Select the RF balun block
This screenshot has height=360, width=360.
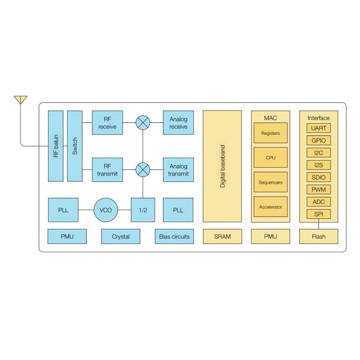(x=55, y=146)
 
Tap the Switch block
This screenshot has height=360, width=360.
(x=75, y=146)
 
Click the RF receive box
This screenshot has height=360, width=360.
(x=107, y=123)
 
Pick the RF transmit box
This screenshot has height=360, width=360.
(x=107, y=170)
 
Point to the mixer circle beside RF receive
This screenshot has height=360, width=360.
(x=143, y=123)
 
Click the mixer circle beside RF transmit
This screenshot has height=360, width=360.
(x=143, y=170)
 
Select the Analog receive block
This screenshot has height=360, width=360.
(x=178, y=123)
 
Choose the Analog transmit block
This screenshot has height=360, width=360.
(x=178, y=170)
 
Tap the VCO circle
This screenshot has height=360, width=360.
(x=105, y=210)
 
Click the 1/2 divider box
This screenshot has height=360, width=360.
(x=143, y=210)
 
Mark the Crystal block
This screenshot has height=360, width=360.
(x=121, y=237)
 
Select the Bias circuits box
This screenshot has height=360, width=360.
(x=174, y=237)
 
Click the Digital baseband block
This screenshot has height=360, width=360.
(x=222, y=166)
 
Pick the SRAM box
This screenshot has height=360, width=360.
(x=222, y=237)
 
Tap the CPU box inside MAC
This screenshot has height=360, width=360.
(x=270, y=158)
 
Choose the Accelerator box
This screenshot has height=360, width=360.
(x=270, y=207)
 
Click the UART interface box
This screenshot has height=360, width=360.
(x=319, y=128)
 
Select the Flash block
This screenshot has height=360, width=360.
(x=319, y=237)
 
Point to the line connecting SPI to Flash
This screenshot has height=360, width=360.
(x=319, y=224)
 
